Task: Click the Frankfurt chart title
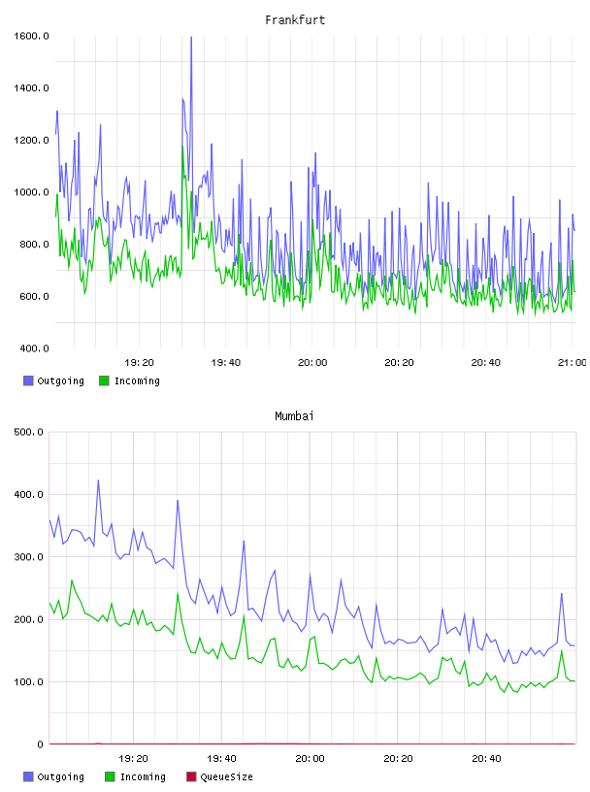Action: [295, 19]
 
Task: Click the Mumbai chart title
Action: [294, 415]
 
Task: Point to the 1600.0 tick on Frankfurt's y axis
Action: [31, 36]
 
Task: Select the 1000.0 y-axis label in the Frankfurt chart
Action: [31, 192]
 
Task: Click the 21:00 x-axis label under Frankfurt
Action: [573, 362]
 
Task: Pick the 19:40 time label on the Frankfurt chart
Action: [226, 362]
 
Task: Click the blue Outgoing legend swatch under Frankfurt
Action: [28, 380]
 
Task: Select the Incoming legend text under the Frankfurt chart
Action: [137, 380]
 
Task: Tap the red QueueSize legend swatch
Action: [191, 776]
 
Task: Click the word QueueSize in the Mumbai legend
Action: [226, 776]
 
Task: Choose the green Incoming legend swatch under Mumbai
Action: [110, 776]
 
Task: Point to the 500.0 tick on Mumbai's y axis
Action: [29, 432]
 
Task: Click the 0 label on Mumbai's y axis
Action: [41, 744]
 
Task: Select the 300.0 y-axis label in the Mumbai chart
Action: [29, 556]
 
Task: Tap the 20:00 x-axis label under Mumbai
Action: [311, 758]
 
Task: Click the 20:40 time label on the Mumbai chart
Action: [486, 758]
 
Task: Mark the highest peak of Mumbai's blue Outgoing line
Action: [98, 479]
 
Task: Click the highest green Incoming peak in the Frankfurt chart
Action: [182, 147]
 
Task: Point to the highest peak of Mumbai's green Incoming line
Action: [72, 580]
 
